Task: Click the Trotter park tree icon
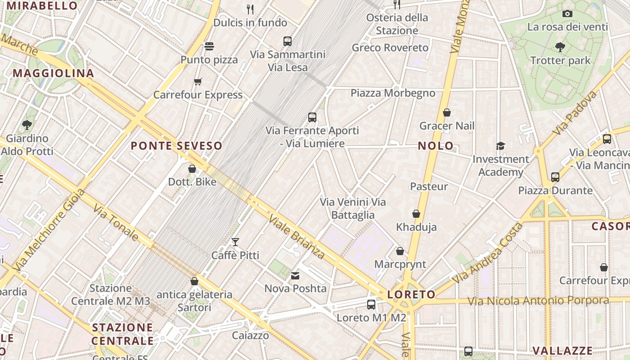(560, 47)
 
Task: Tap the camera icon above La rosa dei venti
(567, 13)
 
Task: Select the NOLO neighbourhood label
(436, 146)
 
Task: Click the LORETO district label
(411, 295)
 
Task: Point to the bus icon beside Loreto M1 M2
(371, 305)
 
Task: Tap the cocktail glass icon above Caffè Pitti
(235, 242)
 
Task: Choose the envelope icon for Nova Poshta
(295, 275)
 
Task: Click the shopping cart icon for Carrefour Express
(198, 81)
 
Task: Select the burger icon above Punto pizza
(209, 46)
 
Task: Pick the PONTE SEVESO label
(176, 146)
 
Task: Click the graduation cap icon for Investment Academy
(500, 146)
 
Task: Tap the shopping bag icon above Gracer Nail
(447, 112)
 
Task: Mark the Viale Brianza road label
(296, 237)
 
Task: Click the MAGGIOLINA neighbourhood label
(53, 73)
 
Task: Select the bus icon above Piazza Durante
(555, 177)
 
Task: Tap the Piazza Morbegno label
(393, 93)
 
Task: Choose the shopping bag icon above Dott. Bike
(192, 169)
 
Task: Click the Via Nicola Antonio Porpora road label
(538, 300)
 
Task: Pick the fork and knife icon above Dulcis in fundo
(250, 9)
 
